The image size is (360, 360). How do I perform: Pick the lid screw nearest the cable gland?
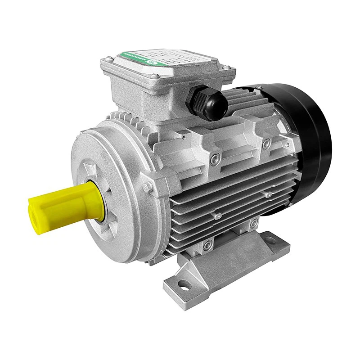[x=228, y=68]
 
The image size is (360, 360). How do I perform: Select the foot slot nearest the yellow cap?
[x=184, y=284]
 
